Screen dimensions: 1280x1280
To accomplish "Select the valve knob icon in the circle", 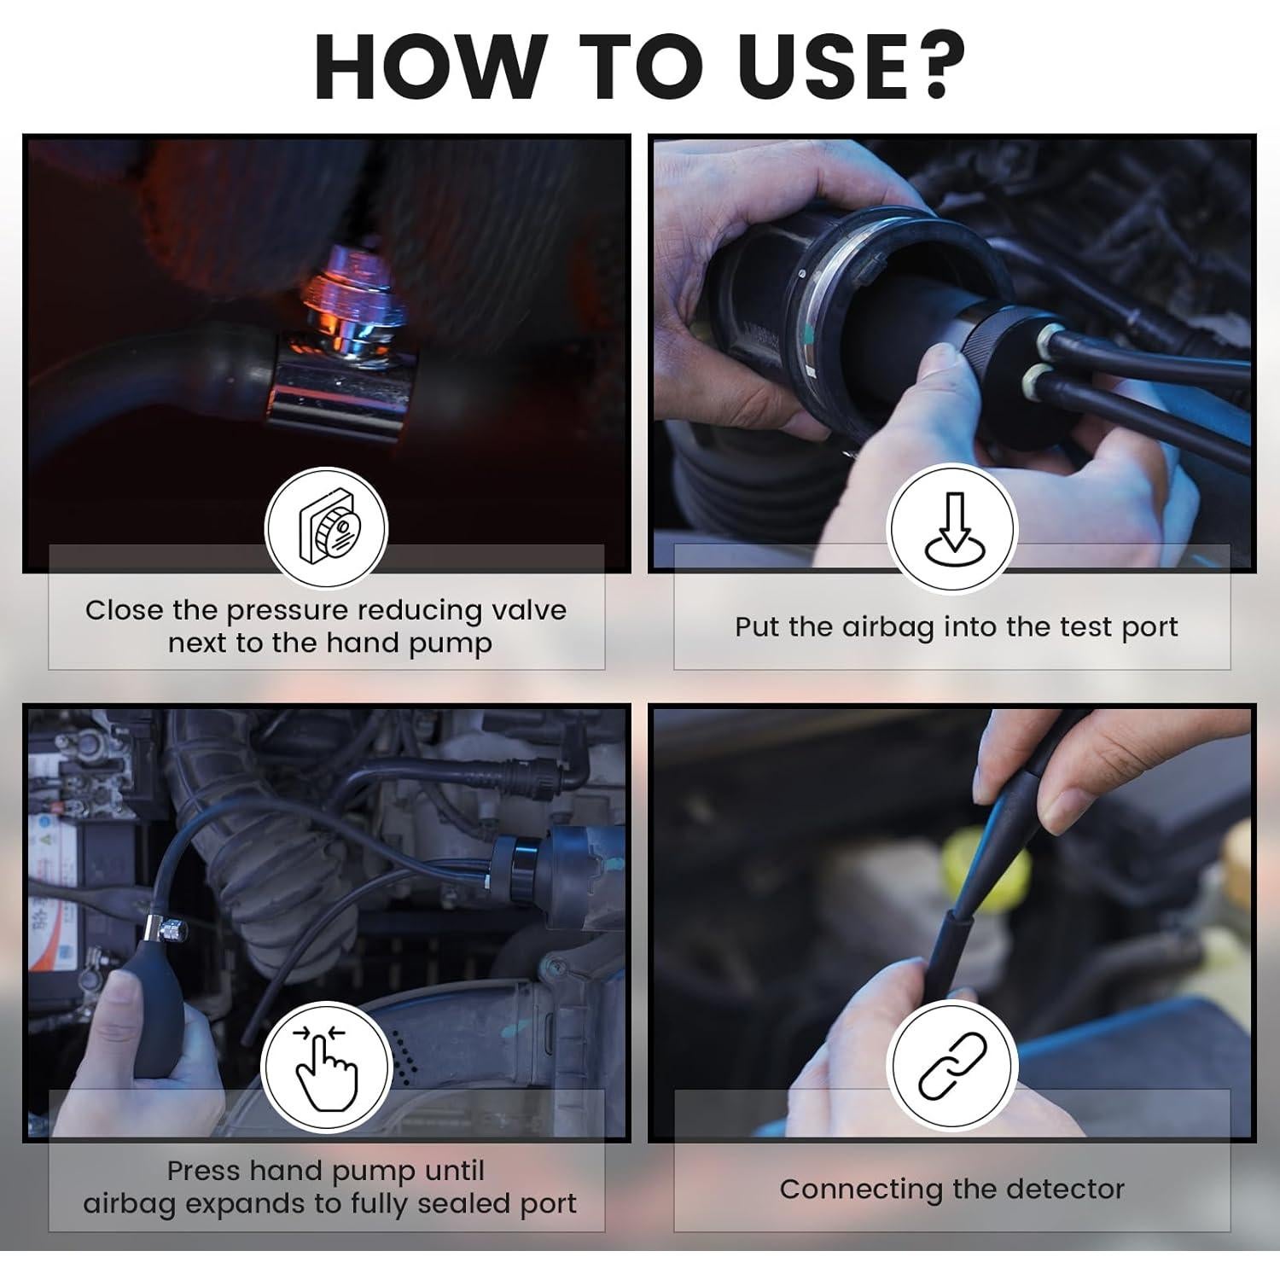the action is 328,529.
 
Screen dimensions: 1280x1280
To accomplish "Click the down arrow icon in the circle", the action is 952,529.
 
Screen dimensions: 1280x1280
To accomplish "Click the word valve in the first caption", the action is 529,610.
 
